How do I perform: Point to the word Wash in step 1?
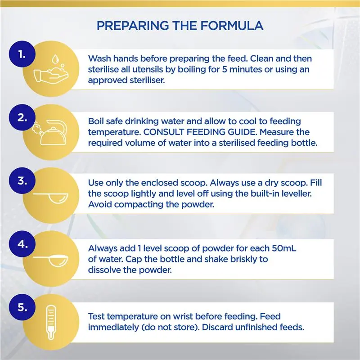tap(99, 59)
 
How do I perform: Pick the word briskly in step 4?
tap(237, 259)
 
